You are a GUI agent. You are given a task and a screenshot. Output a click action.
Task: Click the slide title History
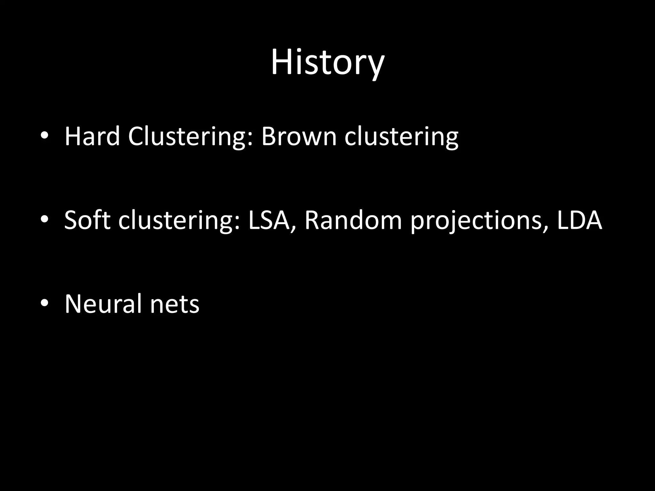coord(327,62)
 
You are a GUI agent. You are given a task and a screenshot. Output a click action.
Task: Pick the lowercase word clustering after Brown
coord(401,137)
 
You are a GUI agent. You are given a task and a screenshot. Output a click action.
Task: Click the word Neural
coord(103,304)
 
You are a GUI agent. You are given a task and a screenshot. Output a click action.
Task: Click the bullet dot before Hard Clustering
coord(44,136)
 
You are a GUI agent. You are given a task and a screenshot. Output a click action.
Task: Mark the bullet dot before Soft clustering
coord(44,220)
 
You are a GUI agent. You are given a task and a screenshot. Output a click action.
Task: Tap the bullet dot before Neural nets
coord(44,303)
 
